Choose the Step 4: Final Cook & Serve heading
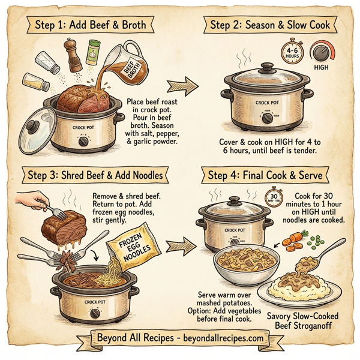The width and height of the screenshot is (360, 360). [x=266, y=175]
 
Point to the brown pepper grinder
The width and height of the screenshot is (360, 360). [x=74, y=57]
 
